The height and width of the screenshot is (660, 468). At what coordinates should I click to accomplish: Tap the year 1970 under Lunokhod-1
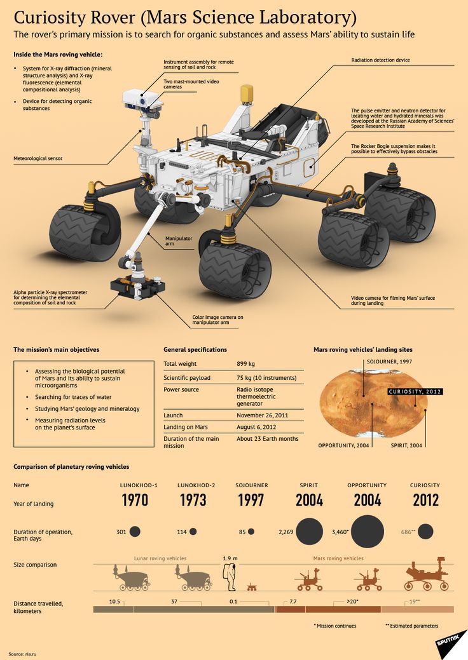pyautogui.click(x=135, y=500)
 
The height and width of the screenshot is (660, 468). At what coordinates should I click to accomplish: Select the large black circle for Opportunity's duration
pyautogui.click(x=368, y=531)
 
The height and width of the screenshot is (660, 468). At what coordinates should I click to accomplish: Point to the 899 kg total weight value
pyautogui.click(x=245, y=364)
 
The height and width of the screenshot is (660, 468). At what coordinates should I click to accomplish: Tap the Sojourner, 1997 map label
pyautogui.click(x=390, y=361)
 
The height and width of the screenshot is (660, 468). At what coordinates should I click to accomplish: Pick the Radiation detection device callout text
pyautogui.click(x=380, y=60)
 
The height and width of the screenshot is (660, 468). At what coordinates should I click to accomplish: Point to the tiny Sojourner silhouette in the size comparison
pyautogui.click(x=252, y=586)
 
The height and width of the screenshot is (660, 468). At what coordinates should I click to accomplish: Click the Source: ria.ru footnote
pyautogui.click(x=24, y=654)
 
